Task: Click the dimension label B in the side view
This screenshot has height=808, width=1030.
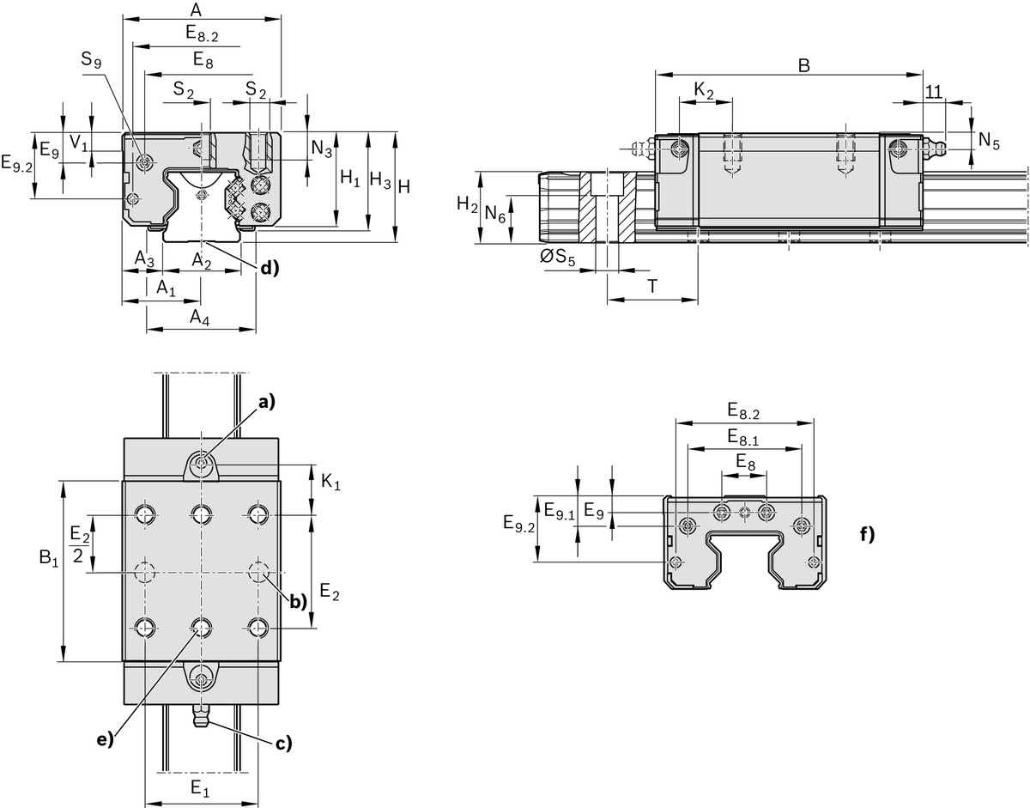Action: (x=803, y=65)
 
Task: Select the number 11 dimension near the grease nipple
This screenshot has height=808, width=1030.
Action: (x=934, y=91)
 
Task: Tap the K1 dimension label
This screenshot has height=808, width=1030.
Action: (x=330, y=484)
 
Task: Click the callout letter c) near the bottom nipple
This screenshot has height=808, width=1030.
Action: (x=283, y=743)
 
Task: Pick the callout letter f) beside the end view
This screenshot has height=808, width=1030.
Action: (x=867, y=534)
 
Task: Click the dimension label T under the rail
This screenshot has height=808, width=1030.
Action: (x=651, y=287)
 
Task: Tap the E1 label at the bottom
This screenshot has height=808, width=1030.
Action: (x=198, y=787)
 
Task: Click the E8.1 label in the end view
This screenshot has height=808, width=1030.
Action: (x=743, y=438)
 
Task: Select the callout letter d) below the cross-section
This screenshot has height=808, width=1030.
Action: (x=270, y=268)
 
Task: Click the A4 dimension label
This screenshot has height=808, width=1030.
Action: (x=199, y=318)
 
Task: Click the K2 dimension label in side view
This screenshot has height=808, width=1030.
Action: (x=704, y=90)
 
